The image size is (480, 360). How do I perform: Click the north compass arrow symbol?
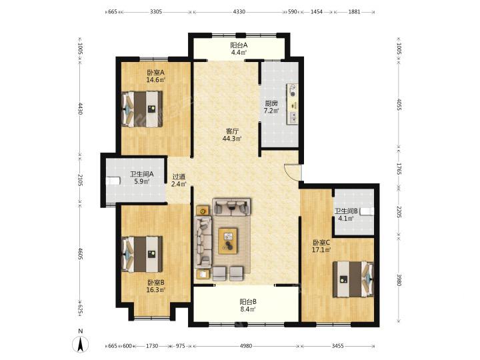tap(80, 345)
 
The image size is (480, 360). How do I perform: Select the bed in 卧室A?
tap(142, 109)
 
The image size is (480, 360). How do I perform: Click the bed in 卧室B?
tap(142, 254)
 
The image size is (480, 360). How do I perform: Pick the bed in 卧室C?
tap(353, 279)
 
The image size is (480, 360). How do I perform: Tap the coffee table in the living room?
tap(228, 240)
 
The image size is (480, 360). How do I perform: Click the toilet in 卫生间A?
tap(112, 181)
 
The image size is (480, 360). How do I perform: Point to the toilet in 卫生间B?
tap(367, 211)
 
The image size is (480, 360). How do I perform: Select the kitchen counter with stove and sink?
tap(293, 104)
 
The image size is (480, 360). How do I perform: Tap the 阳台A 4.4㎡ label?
tap(239, 49)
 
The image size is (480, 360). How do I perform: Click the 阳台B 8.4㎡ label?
tap(248, 305)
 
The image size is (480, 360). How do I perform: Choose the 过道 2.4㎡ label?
tap(179, 180)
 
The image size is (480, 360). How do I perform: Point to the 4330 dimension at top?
tap(239, 12)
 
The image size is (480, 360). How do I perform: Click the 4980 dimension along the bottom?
tap(246, 346)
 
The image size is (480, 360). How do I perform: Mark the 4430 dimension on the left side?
tap(80, 109)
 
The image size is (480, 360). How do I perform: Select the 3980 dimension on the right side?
tap(399, 280)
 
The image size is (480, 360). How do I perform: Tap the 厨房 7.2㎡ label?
tap(271, 107)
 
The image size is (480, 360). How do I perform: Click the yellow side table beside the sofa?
tap(203, 211)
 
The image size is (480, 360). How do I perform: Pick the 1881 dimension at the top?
tap(354, 12)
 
